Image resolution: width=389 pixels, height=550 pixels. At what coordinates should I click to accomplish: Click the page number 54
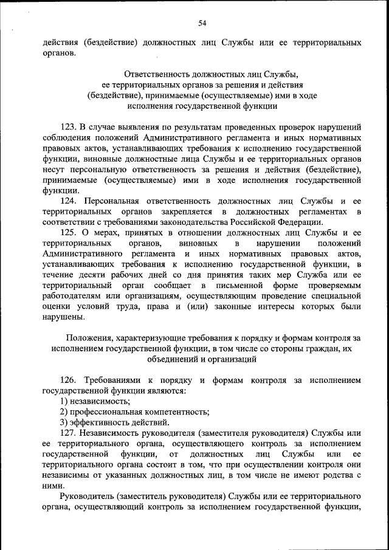point(202,23)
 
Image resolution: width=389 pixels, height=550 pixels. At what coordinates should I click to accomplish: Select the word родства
point(337,475)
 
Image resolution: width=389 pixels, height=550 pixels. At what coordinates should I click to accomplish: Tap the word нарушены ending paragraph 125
point(63,317)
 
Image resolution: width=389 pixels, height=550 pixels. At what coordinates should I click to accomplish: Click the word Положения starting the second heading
point(91,338)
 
